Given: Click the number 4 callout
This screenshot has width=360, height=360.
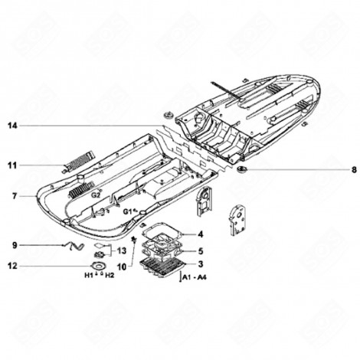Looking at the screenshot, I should pyautogui.click(x=200, y=235).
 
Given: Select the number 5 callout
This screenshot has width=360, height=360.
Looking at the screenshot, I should pyautogui.click(x=200, y=250).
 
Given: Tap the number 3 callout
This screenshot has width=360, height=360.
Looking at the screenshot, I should pyautogui.click(x=200, y=264).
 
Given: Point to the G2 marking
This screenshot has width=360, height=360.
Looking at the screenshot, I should pyautogui.click(x=97, y=195).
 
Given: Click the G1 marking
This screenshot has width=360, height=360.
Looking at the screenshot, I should pyautogui.click(x=127, y=209).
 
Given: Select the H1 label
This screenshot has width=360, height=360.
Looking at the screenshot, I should pyautogui.click(x=89, y=274).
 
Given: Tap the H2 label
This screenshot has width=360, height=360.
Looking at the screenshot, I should pyautogui.click(x=110, y=274).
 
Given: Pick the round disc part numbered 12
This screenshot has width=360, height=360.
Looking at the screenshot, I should pyautogui.click(x=98, y=264).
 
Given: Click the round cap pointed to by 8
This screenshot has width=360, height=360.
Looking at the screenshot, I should pyautogui.click(x=243, y=169).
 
